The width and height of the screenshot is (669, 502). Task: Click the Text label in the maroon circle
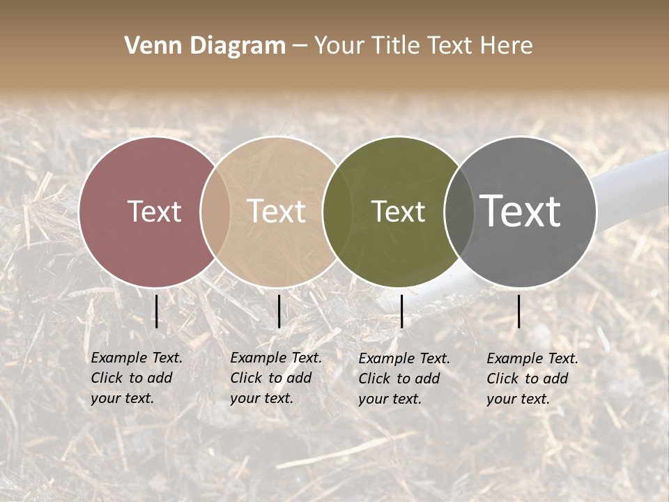[154, 211]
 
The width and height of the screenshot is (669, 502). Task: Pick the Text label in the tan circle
[277, 211]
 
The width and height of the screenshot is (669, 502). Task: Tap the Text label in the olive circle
[399, 211]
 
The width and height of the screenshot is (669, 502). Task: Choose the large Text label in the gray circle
[521, 211]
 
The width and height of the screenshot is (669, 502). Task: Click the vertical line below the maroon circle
[156, 311]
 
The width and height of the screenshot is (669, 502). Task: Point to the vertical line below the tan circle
[279, 311]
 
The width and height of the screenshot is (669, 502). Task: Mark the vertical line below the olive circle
[401, 311]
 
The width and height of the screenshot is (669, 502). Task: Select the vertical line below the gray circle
[518, 311]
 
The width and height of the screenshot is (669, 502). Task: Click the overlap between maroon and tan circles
[215, 211]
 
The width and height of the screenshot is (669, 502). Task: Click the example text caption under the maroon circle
[137, 378]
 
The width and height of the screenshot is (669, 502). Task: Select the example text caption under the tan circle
[276, 378]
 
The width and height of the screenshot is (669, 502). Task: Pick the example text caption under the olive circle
[404, 379]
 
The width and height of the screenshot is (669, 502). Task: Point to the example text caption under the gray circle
[532, 379]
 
